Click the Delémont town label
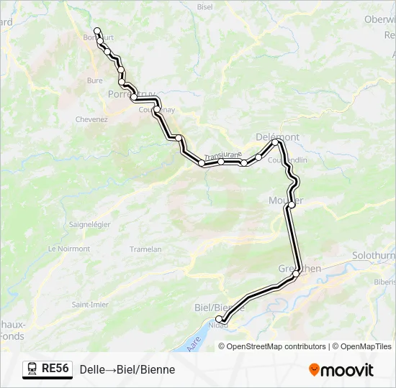278,137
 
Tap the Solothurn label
374,256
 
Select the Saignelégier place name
89,224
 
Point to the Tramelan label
145,249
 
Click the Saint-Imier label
90,305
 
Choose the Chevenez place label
91,119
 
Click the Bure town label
94,81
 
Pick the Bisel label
205,6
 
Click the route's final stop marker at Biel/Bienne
220,319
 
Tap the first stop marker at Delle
97,31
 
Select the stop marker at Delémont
275,142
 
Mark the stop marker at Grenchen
295,274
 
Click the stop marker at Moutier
291,205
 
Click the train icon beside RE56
32,369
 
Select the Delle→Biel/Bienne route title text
127,369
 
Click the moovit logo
341,370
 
